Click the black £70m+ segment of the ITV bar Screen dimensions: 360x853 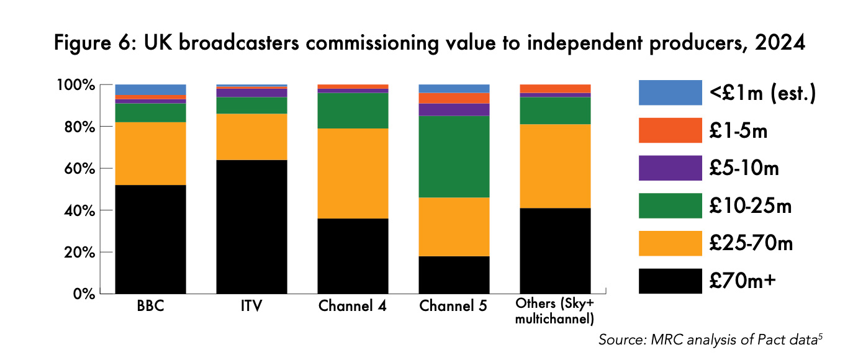point(251,227)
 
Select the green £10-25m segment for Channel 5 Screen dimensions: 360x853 point(454,156)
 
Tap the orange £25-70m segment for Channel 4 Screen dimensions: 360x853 point(353,173)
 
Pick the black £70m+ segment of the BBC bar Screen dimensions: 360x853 point(150,239)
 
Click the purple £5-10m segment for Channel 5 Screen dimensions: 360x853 point(454,109)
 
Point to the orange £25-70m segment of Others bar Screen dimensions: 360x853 point(555,166)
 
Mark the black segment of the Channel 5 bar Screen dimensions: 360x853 point(454,274)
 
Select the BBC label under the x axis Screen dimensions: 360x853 point(150,307)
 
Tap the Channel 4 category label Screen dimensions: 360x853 point(352,307)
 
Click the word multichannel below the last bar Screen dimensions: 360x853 point(555,320)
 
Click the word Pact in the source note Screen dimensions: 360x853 point(767,340)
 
